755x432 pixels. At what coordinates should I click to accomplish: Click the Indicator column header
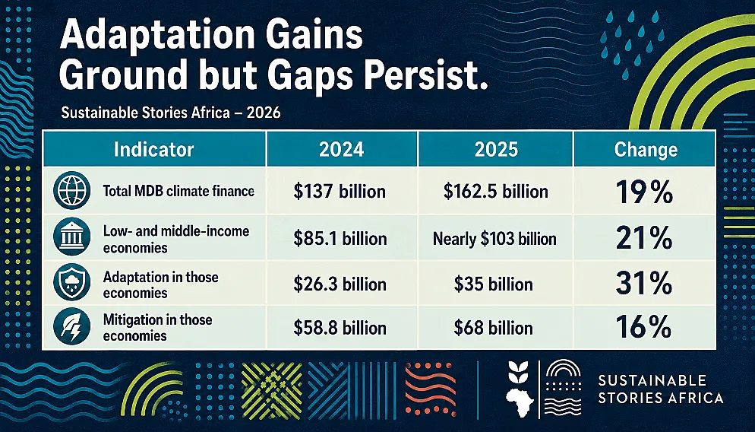(153, 150)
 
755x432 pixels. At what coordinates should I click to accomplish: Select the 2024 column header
(341, 150)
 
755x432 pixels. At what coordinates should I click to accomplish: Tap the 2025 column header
(496, 150)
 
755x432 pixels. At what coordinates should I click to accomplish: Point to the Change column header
(646, 150)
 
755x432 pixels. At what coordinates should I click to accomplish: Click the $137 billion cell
(340, 192)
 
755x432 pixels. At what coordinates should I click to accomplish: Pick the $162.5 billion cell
(495, 192)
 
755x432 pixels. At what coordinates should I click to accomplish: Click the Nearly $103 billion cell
(494, 239)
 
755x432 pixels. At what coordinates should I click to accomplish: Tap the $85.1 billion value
(340, 239)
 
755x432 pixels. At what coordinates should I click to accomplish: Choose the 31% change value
(644, 283)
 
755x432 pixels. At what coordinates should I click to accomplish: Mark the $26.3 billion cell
(340, 284)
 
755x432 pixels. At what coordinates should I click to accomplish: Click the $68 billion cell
(493, 329)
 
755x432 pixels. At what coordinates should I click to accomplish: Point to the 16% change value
(644, 326)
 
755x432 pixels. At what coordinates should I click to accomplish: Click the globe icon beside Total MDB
(71, 190)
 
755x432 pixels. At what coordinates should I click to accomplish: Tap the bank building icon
(71, 237)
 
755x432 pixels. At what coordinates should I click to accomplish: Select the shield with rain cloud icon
(71, 282)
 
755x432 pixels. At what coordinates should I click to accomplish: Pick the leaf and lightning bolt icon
(71, 326)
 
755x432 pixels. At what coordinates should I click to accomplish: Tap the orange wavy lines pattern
(430, 389)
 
